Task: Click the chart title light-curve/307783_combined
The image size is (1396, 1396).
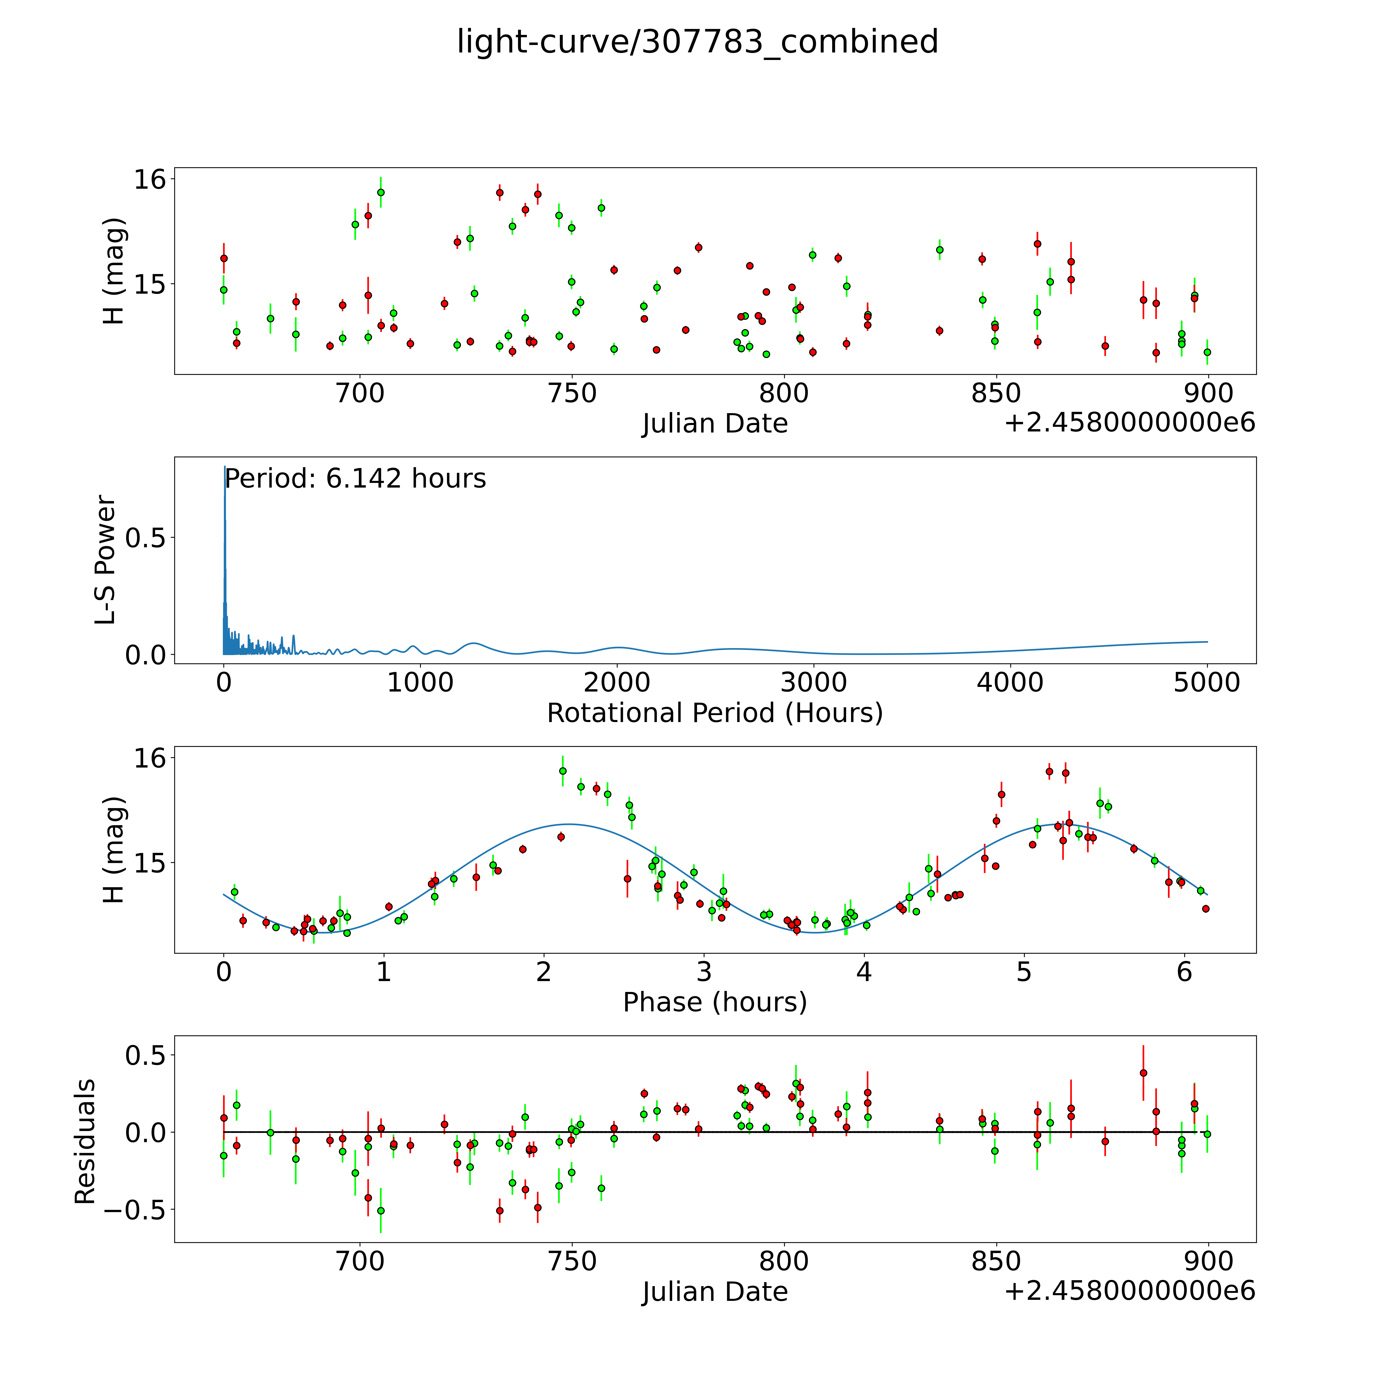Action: click(697, 42)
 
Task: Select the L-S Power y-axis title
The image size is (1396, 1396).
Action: click(105, 560)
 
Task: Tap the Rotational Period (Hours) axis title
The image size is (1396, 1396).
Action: click(715, 713)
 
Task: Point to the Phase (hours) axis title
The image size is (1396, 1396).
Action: click(715, 1002)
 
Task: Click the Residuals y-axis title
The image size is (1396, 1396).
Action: click(85, 1142)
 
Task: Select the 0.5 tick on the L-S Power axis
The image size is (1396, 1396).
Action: click(146, 538)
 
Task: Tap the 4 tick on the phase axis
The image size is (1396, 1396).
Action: click(864, 972)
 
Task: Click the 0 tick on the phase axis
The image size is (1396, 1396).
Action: click(224, 972)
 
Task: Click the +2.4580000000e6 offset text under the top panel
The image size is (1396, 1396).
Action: click(1129, 423)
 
